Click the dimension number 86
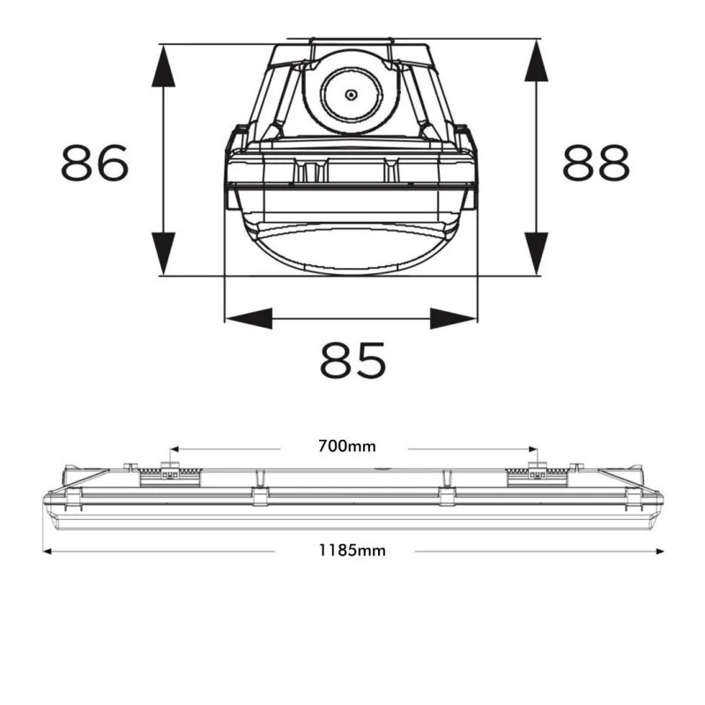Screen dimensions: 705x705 (95, 163)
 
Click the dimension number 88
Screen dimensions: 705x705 (597, 163)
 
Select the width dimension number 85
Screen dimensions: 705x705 (352, 360)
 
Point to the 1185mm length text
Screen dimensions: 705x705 (352, 551)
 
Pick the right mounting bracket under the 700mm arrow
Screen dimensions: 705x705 (532, 474)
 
